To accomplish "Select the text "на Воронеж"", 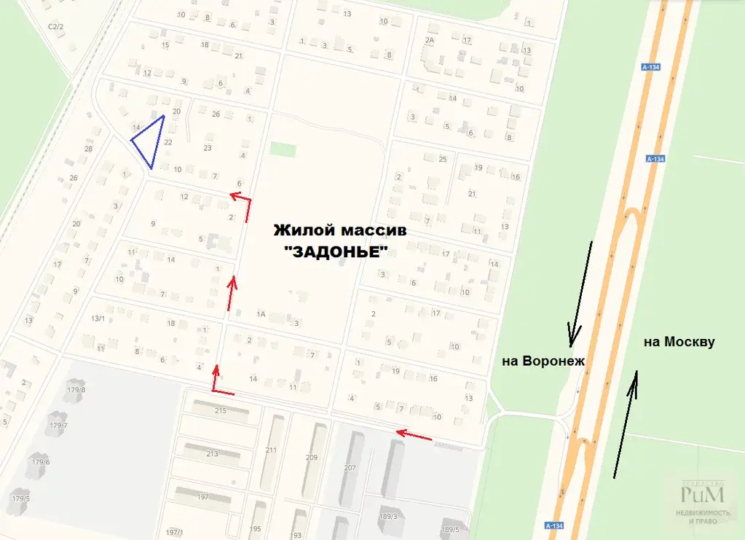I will point(543,361).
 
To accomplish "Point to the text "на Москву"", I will point(679,342).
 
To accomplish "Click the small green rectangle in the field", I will point(283,149).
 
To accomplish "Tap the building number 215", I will point(221,411).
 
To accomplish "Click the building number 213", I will point(212,454).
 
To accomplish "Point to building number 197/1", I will point(175,533).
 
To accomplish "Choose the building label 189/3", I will point(387,517).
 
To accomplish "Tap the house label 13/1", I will point(98,318).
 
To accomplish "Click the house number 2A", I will point(429,41).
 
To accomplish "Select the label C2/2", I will point(55,27).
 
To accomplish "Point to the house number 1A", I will point(261,314).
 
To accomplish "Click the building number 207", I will point(349,468).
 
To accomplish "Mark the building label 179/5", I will point(20,499).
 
